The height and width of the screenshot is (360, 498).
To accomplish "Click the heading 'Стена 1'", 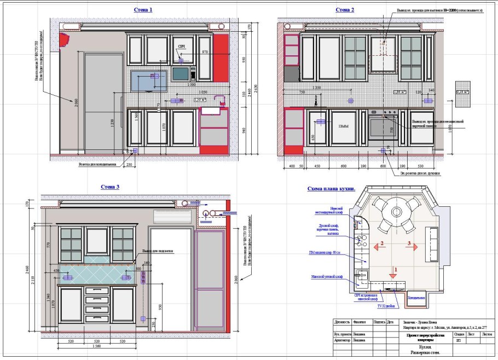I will point(143,10).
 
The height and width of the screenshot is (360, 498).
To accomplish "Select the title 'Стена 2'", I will point(345,10).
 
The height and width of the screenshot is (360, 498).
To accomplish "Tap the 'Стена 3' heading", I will point(109,187).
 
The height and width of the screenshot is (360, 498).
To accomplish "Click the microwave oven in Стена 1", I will point(183,73).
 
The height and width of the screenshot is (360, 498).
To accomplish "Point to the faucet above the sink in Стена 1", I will point(221,100).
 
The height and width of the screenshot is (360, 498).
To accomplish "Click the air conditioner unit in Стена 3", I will point(172,216).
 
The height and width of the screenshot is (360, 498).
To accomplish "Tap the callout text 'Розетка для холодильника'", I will point(97,164).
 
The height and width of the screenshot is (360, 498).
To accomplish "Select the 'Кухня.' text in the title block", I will point(410,347).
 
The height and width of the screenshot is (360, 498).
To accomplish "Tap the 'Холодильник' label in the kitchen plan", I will point(415,298).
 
